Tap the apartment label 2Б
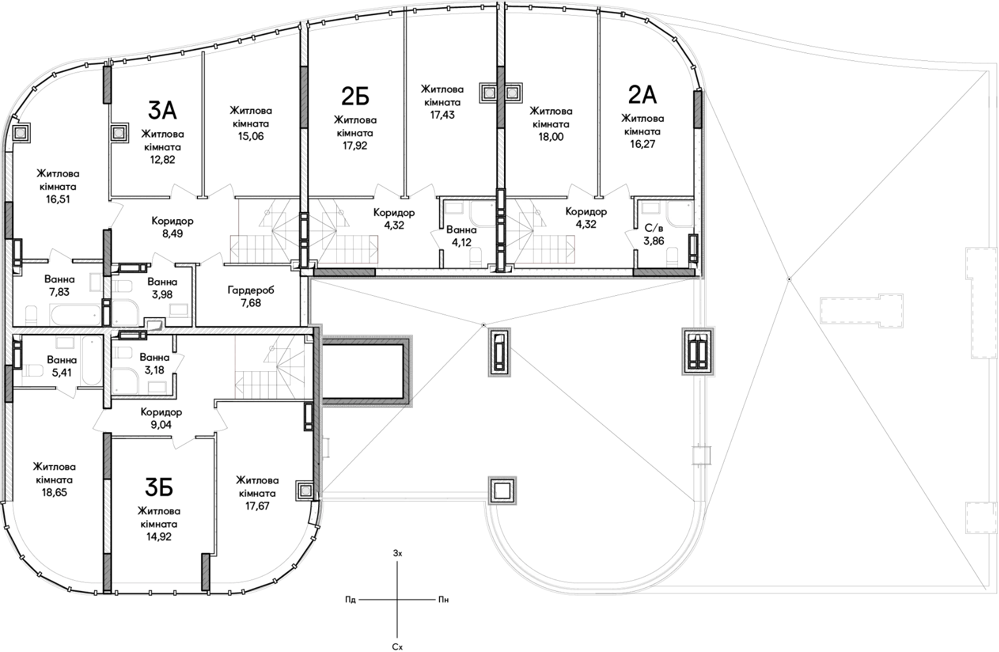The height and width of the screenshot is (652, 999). (x=356, y=97)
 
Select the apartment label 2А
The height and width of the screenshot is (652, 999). (x=642, y=95)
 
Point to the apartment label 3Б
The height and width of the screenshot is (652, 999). (x=159, y=487)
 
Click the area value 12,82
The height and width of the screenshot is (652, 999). (x=163, y=159)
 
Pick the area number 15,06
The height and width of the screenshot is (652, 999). (x=251, y=136)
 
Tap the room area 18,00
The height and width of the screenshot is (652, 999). (x=551, y=137)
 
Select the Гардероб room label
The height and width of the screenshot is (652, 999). (x=251, y=290)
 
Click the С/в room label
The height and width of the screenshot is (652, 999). (x=654, y=228)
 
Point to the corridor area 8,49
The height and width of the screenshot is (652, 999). (x=173, y=234)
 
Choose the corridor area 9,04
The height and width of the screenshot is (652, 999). (x=161, y=424)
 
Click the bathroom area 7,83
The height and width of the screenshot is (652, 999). (x=59, y=292)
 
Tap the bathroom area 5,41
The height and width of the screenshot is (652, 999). (x=62, y=372)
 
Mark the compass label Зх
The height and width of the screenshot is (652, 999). (x=397, y=554)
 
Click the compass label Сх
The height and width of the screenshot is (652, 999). (x=397, y=647)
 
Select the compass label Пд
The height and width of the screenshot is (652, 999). (x=351, y=600)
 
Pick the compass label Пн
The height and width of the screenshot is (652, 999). (x=443, y=600)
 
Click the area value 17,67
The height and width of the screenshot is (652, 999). (x=257, y=506)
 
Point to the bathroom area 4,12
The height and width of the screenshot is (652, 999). (x=461, y=243)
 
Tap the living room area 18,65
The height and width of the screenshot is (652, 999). (x=54, y=493)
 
